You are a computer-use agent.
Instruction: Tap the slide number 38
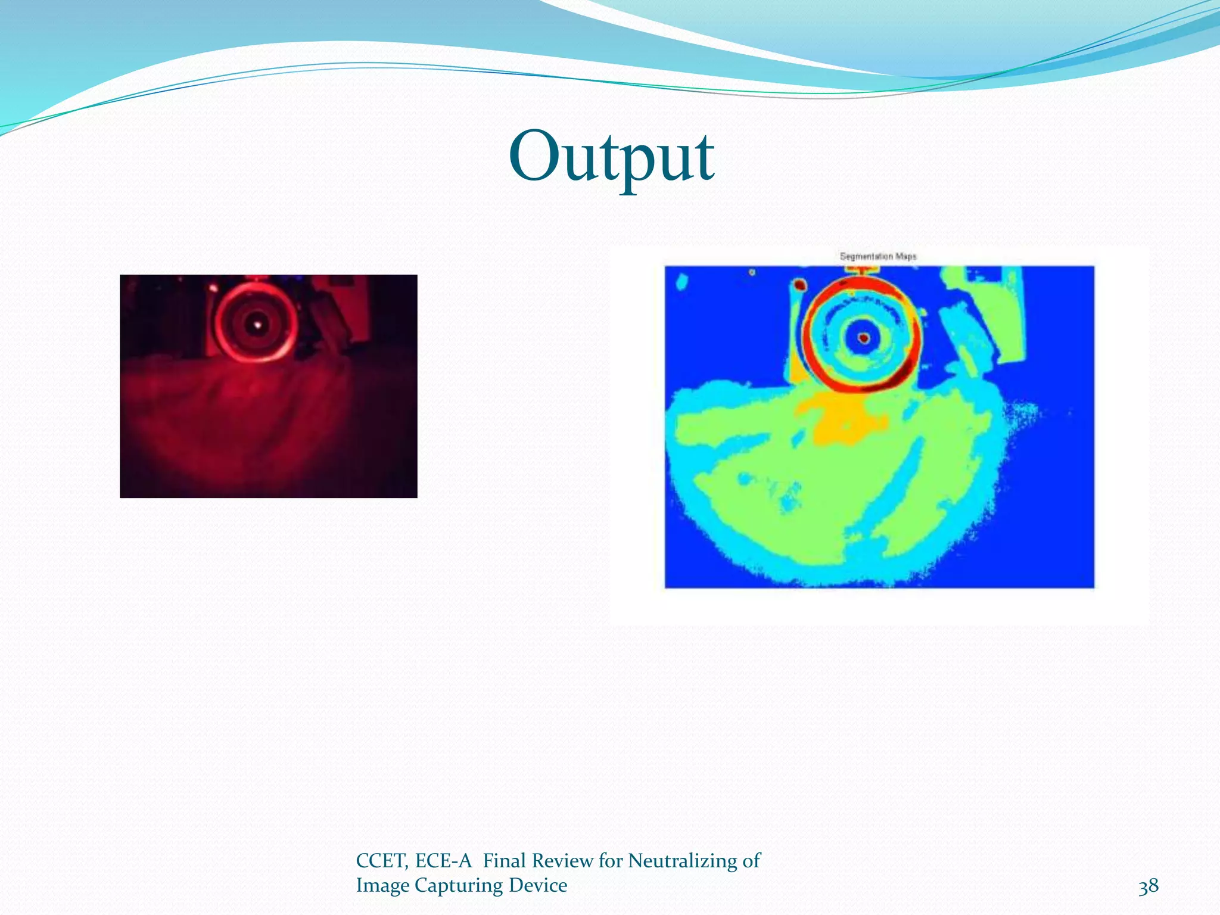[1148, 886]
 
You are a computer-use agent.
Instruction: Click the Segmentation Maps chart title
[878, 256]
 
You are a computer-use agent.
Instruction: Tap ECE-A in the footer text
[443, 861]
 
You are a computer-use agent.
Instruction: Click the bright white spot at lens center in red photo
[258, 325]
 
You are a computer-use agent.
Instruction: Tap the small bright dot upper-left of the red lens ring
[212, 288]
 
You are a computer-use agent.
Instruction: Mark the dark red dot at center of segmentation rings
[864, 339]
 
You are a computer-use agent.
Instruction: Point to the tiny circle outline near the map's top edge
[752, 272]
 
